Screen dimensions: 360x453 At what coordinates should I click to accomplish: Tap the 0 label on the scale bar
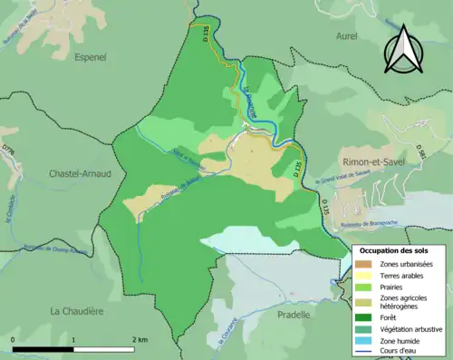[14, 339]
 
